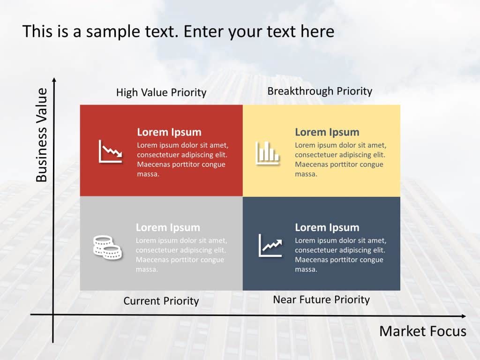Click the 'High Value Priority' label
[161, 92]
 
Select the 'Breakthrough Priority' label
[320, 91]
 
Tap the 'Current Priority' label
[161, 301]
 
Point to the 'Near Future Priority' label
[322, 300]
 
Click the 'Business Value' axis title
[42, 135]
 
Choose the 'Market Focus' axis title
[423, 331]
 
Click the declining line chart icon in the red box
[111, 151]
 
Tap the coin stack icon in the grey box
[107, 247]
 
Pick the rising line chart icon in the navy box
[270, 246]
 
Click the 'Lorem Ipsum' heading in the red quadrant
[169, 132]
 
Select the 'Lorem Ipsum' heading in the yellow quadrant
[327, 132]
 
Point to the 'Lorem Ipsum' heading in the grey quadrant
[168, 227]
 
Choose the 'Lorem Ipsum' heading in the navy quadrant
[327, 227]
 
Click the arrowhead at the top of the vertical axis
[54, 80]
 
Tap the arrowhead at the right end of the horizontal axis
[464, 316]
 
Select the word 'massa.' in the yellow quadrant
[306, 174]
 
